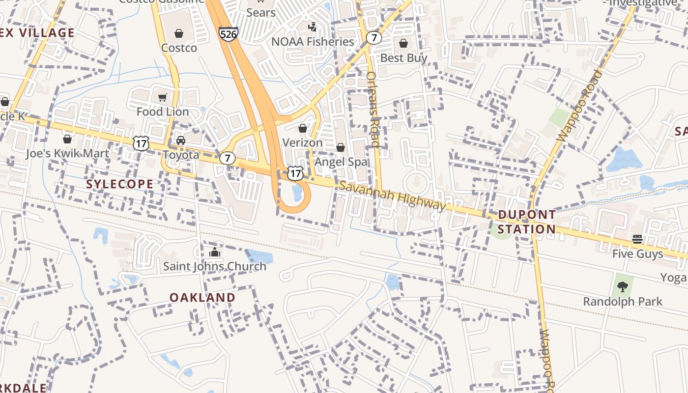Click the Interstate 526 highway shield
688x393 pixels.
[x=229, y=34]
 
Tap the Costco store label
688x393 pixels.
[x=179, y=48]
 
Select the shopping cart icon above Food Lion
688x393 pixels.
[x=162, y=98]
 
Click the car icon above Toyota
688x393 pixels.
[x=181, y=140]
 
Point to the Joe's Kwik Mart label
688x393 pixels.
[x=67, y=154]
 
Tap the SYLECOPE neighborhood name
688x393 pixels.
[x=119, y=184]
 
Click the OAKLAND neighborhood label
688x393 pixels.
[x=202, y=297]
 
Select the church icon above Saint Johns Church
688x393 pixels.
[x=214, y=253]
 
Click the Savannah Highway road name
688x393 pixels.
[x=392, y=196]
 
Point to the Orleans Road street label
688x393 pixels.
[x=373, y=109]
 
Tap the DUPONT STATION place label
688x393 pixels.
[x=527, y=222]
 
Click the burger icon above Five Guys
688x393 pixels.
[x=637, y=239]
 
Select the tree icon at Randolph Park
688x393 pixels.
[x=623, y=286]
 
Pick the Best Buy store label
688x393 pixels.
[x=404, y=58]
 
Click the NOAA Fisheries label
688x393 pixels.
[x=313, y=42]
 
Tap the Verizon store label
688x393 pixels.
[x=302, y=143]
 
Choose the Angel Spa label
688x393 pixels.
[x=341, y=162]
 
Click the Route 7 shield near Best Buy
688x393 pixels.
[x=374, y=37]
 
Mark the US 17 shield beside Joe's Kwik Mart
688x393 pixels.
[x=141, y=143]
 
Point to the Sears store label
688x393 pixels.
[x=261, y=12]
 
